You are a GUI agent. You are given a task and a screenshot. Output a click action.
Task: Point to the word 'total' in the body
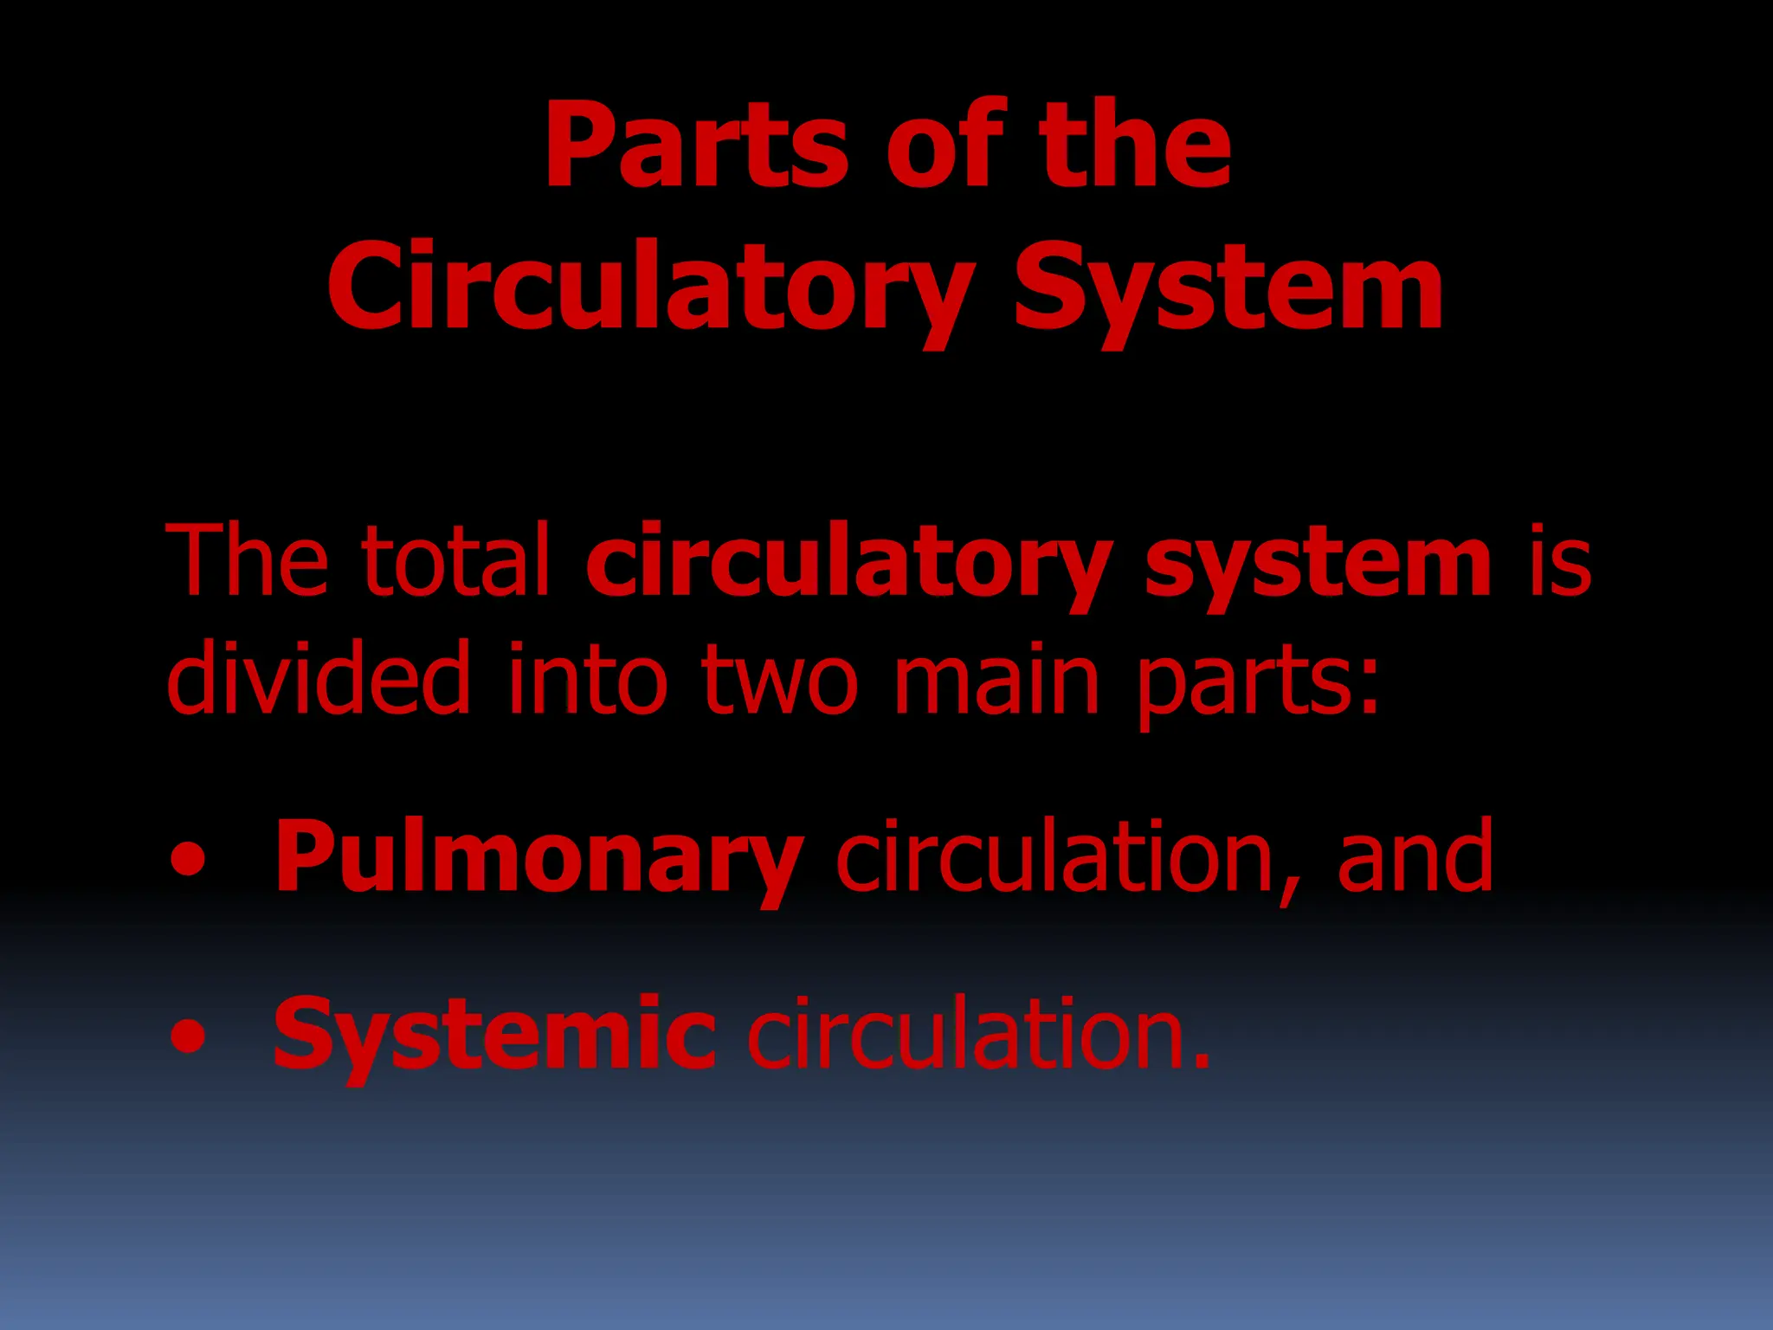[456, 560]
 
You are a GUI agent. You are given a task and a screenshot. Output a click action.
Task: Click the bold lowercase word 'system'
[1318, 563]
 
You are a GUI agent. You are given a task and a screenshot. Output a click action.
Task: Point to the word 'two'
[779, 680]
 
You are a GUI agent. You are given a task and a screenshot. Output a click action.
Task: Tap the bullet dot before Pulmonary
[189, 860]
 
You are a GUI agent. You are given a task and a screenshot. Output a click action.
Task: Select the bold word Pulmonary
[538, 857]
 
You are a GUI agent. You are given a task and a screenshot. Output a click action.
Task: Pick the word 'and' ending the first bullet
[1415, 857]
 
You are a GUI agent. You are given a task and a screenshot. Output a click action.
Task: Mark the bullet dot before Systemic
[189, 1036]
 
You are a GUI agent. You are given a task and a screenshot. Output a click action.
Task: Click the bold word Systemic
[494, 1035]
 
